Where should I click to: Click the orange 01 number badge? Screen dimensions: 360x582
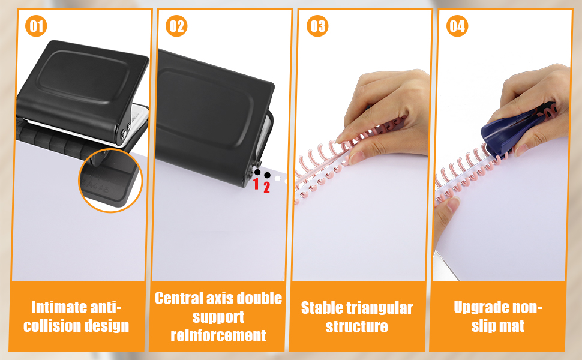[37, 26]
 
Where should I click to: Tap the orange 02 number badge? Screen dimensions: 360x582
[177, 26]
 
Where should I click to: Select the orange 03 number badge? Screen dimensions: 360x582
[317, 26]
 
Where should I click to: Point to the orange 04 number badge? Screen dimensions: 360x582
[457, 26]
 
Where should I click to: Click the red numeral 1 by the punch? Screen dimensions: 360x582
[256, 184]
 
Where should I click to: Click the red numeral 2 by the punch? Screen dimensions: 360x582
[267, 187]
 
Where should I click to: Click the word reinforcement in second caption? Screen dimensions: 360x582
[218, 335]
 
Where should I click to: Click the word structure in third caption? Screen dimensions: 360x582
[356, 327]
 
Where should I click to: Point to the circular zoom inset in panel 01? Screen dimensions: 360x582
[110, 179]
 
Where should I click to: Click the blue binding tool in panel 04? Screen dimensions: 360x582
[505, 135]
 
